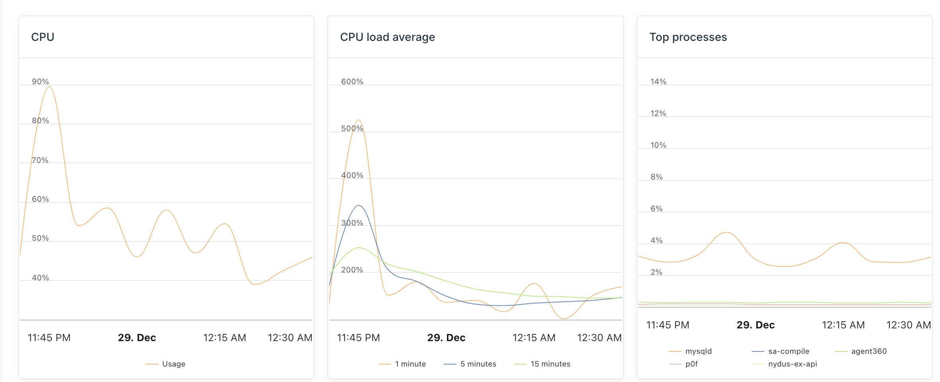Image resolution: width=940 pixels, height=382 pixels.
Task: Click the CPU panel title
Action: click(x=43, y=37)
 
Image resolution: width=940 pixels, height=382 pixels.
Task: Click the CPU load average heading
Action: click(x=387, y=37)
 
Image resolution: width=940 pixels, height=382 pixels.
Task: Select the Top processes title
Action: click(x=688, y=37)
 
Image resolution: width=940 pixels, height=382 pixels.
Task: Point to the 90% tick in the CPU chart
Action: click(x=40, y=81)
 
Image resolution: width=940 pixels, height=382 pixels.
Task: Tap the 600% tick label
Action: click(x=352, y=81)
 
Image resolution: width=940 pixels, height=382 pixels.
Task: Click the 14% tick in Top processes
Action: click(x=658, y=81)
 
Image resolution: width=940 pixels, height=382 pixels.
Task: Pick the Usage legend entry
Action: click(x=173, y=364)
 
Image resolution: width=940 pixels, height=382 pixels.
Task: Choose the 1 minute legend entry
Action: click(x=410, y=364)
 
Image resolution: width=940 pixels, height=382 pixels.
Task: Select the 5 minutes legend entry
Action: click(x=478, y=364)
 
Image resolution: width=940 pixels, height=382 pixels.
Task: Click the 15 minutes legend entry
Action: click(x=550, y=364)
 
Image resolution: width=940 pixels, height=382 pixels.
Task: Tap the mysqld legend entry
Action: click(x=698, y=351)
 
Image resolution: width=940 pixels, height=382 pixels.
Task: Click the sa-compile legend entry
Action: click(x=789, y=351)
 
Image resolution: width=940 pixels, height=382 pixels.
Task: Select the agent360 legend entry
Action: click(x=869, y=351)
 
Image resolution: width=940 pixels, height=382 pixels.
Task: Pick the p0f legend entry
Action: click(x=691, y=364)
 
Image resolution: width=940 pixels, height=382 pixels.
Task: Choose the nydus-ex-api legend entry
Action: click(x=792, y=364)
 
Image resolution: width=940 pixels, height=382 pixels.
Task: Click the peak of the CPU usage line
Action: click(x=49, y=87)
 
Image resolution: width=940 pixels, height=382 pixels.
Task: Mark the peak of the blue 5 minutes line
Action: click(x=359, y=205)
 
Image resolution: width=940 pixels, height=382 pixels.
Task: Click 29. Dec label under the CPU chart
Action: click(x=137, y=338)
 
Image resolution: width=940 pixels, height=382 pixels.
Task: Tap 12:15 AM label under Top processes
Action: click(x=843, y=325)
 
